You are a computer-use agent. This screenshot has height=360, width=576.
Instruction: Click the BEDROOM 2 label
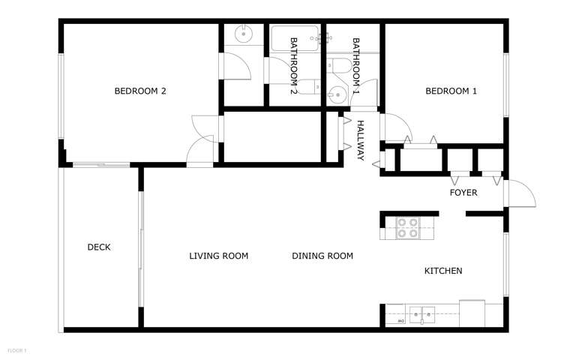[x=140, y=91]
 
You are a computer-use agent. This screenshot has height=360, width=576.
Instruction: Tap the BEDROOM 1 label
[x=451, y=91]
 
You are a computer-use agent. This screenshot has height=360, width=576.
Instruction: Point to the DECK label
[x=99, y=247]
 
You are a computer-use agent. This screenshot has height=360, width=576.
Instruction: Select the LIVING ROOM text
[x=218, y=256]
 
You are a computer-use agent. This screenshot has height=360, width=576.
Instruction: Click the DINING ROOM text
[x=322, y=256]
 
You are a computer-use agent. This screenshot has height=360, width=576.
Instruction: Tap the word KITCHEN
[x=443, y=271]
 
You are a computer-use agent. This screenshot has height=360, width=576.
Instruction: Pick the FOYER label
[x=463, y=193]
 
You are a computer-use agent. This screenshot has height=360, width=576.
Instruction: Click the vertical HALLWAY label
[x=360, y=140]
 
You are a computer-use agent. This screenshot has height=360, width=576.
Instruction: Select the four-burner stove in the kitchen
[x=408, y=228]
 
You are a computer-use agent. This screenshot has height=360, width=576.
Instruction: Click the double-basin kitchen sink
[x=422, y=315]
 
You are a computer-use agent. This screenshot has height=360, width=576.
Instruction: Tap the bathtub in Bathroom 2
[x=295, y=38]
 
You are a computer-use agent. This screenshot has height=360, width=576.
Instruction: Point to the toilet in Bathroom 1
[x=339, y=66]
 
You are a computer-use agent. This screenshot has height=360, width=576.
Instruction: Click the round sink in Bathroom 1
[x=337, y=95]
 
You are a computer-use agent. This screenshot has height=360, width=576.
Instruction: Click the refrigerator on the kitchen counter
[x=472, y=313]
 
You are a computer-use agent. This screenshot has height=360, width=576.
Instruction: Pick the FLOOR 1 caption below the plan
[x=17, y=351]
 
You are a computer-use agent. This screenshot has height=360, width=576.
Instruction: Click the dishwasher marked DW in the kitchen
[x=396, y=314]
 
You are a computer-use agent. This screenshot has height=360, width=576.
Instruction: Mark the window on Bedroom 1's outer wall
[x=505, y=85]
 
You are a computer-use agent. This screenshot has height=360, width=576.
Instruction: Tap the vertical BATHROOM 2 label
[x=293, y=66]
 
